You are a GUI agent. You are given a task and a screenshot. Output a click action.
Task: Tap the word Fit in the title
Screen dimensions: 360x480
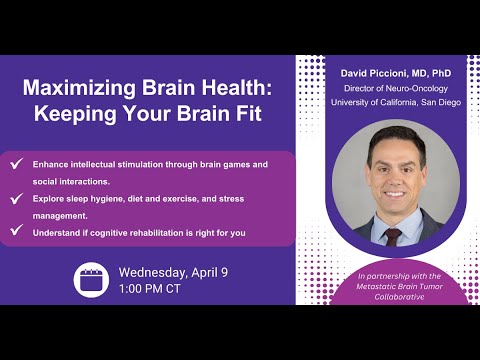pos(246,113)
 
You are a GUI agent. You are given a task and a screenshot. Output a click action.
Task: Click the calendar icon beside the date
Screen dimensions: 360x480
pos(91,279)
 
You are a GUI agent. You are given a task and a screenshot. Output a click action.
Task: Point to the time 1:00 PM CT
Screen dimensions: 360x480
pos(155,290)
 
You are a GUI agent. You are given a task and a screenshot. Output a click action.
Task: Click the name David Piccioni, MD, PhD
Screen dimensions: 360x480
pos(382,73)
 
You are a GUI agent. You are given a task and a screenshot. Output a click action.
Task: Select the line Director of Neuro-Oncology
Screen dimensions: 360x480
pos(382,88)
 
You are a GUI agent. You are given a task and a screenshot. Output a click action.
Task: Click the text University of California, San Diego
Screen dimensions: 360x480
pos(382,102)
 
